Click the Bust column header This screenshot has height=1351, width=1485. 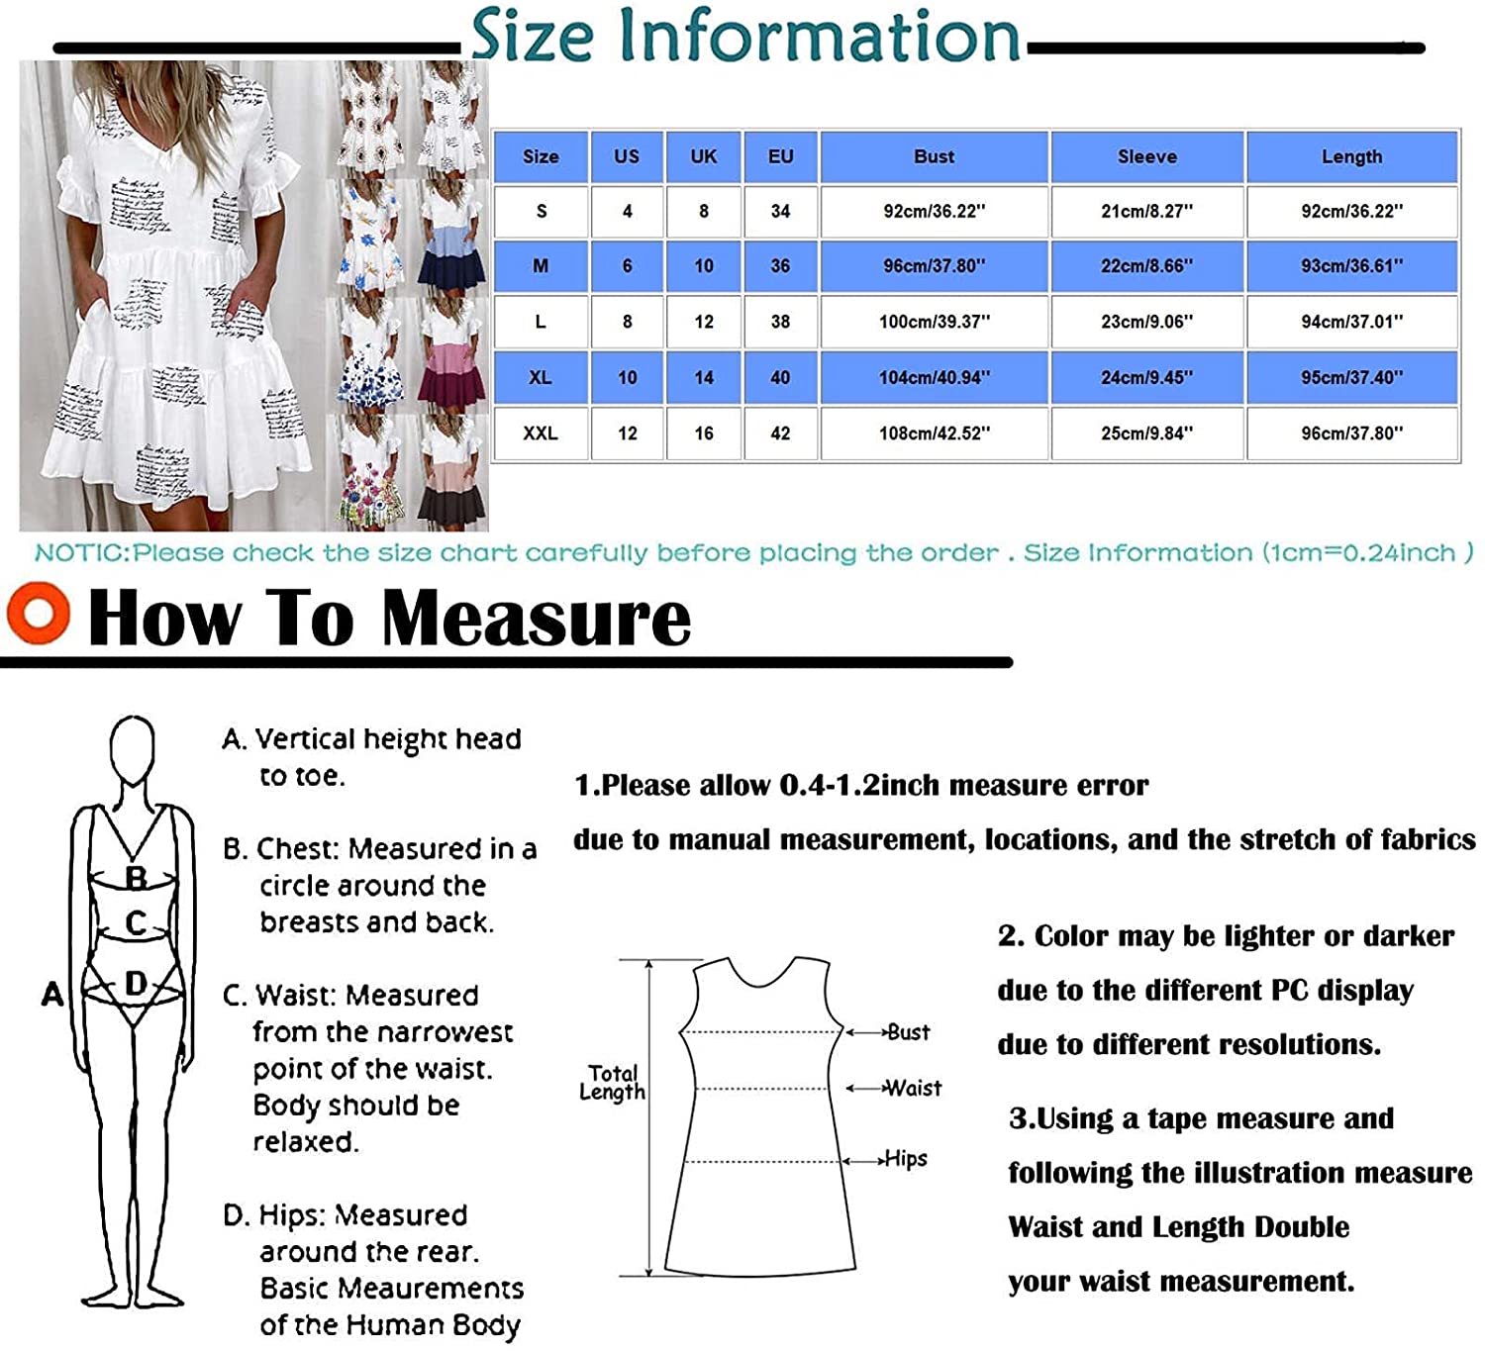click(x=935, y=157)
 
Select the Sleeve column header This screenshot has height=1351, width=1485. click(x=1146, y=157)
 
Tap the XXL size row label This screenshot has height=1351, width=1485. click(x=541, y=434)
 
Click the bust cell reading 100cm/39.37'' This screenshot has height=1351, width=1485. click(x=935, y=322)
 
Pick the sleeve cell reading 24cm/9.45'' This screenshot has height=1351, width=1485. click(x=1146, y=377)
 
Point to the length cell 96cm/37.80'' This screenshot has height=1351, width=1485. click(x=1351, y=434)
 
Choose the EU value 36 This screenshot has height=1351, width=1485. click(x=780, y=266)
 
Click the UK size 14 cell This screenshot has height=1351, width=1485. click(x=703, y=377)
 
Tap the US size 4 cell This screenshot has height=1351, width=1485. click(x=627, y=211)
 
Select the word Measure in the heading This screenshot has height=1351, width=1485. click(x=536, y=619)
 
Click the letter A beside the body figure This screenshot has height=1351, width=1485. click(x=52, y=994)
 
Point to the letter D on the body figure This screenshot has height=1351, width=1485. click(x=137, y=984)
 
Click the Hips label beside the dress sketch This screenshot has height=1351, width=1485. click(x=906, y=1159)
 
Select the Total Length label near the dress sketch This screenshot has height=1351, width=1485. click(x=612, y=1082)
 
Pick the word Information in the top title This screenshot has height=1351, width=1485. click(x=819, y=36)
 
